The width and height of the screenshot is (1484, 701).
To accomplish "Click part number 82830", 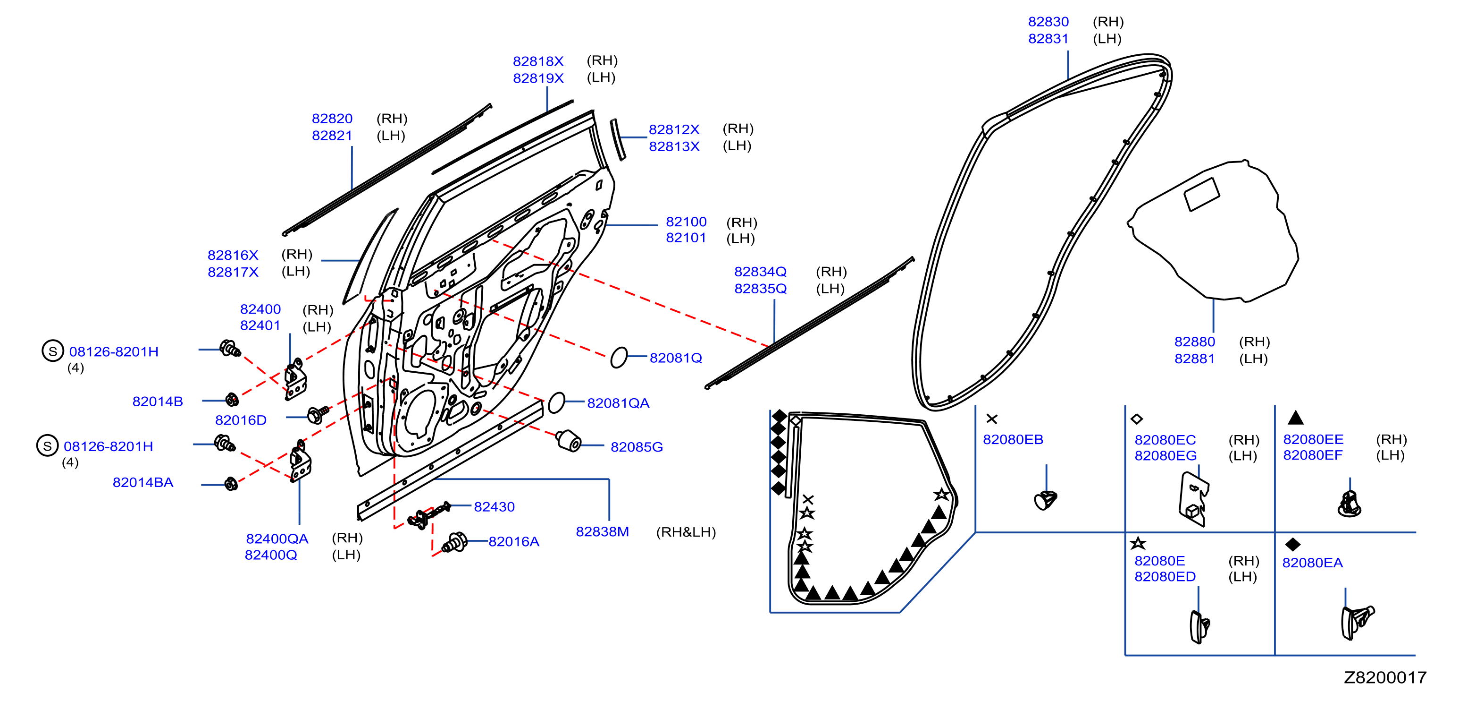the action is (x=1048, y=22).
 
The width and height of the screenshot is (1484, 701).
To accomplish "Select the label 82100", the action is (x=686, y=222).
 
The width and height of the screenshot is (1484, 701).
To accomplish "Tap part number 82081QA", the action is (x=618, y=403).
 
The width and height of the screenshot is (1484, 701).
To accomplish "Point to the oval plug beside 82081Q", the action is (x=619, y=358).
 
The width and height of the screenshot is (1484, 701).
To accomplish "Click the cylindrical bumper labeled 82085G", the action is (x=569, y=441).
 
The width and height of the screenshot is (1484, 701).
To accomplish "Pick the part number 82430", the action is (x=495, y=507).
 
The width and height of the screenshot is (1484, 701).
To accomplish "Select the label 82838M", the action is (x=602, y=532).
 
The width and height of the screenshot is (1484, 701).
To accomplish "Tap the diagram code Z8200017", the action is (x=1385, y=677).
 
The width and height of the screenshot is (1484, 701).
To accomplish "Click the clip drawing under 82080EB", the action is (x=1046, y=500).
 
